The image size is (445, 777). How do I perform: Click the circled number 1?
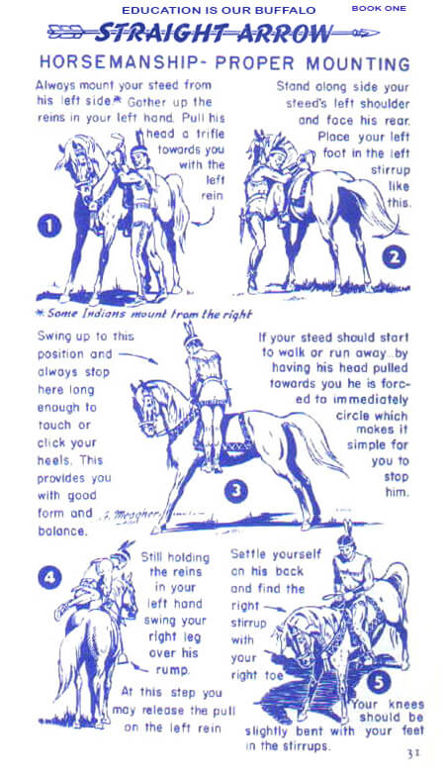49,227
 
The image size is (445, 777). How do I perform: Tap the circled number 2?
395,257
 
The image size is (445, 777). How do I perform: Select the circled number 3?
236,491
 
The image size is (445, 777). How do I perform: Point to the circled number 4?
49,578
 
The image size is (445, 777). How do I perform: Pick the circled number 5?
379,682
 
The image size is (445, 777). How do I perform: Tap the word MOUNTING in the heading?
358,64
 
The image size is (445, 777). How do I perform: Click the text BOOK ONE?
379,9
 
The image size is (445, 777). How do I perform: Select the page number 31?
413,753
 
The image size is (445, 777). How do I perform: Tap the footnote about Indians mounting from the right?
144,314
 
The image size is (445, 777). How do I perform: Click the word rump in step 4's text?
172,670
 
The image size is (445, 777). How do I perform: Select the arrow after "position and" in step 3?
138,357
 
